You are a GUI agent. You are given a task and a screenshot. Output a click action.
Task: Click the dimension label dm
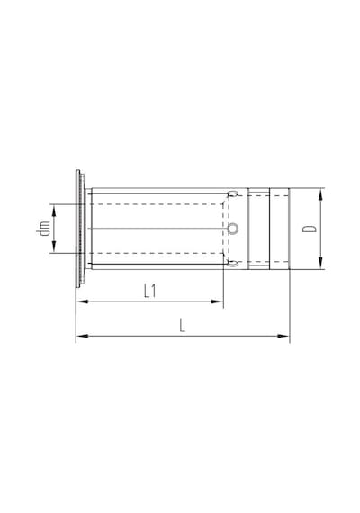[x=43, y=228]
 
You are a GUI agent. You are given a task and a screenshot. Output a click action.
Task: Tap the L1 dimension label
[x=150, y=291]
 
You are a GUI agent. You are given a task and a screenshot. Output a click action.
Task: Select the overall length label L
[x=183, y=325]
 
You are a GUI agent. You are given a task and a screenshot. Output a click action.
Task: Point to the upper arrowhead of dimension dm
[x=54, y=210]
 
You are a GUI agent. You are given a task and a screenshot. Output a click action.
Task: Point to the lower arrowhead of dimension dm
[x=54, y=247]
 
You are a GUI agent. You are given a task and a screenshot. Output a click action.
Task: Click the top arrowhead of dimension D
[x=320, y=194]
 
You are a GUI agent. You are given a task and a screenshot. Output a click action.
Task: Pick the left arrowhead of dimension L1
[x=82, y=301]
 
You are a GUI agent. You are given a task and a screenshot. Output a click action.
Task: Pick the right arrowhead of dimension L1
[x=217, y=301]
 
